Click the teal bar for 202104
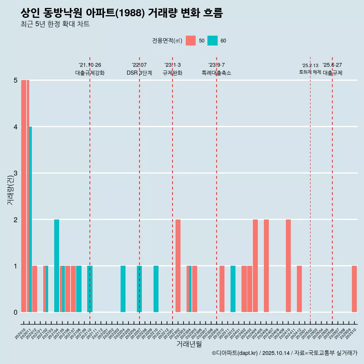tap(56, 265)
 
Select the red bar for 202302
tap(178, 265)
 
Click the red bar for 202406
tap(266, 265)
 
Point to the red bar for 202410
tap(288, 265)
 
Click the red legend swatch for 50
tap(191, 41)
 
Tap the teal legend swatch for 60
tap(212, 41)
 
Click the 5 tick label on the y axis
tap(16, 80)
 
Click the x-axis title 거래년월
tap(189, 344)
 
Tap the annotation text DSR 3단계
tap(139, 73)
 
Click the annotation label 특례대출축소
tap(216, 73)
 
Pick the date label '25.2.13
tap(310, 66)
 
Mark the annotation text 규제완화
tap(172, 73)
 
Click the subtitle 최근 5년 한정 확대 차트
tap(55, 24)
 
